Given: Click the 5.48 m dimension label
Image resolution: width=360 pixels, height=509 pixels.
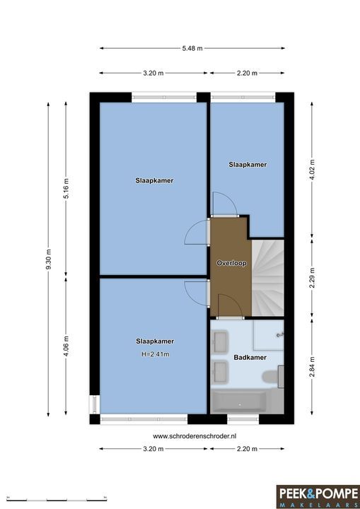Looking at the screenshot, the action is click(192, 48).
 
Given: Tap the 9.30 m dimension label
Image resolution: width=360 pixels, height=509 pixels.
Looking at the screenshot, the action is click(48, 259).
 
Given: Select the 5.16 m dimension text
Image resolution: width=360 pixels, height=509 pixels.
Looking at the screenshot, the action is click(66, 188).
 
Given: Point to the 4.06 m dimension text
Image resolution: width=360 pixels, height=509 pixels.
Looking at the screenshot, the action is click(66, 346).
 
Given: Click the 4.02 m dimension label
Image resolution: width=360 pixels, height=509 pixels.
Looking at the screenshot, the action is click(312, 170).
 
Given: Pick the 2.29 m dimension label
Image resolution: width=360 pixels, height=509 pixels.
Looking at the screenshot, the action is click(312, 278).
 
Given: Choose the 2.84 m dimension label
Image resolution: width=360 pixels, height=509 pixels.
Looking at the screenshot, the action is click(312, 367).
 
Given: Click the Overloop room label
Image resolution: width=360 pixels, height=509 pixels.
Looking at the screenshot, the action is click(232, 263).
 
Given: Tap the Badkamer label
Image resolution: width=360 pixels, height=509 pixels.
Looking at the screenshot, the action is click(250, 358).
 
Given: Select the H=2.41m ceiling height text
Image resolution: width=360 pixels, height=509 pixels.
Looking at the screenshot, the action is click(156, 354).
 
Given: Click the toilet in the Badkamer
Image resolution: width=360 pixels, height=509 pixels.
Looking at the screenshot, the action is click(273, 377).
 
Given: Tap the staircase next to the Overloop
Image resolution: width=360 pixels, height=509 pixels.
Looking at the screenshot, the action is click(268, 278).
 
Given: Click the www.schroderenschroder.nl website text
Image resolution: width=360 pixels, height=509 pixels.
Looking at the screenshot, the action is click(194, 436).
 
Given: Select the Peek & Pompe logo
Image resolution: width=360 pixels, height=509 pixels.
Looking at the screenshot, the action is click(318, 497).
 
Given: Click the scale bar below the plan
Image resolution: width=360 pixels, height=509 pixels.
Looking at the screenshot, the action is click(57, 499).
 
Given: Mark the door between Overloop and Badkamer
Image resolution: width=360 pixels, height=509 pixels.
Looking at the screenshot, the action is click(230, 306).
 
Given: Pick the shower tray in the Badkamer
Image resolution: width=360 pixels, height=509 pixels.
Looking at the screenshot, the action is click(268, 335).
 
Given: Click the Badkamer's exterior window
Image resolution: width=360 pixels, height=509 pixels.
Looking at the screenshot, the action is click(243, 419).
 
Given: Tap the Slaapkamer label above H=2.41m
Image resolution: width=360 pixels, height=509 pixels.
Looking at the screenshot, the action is click(155, 341).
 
